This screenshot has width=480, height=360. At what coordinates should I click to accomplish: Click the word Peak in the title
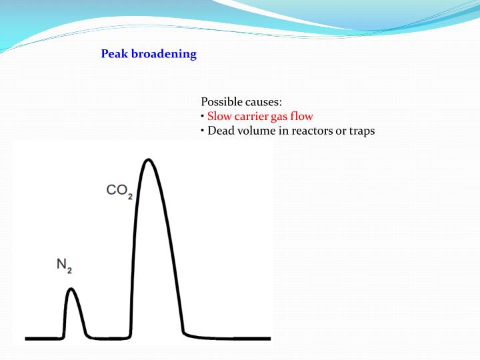point(113,54)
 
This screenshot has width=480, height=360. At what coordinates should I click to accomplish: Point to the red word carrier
point(252,116)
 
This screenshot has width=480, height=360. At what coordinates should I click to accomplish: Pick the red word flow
point(301,116)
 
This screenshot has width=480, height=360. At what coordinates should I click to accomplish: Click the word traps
point(361,131)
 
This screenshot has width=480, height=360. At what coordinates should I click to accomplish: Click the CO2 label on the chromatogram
point(119,191)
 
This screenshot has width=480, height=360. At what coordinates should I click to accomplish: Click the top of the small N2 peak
point(71,289)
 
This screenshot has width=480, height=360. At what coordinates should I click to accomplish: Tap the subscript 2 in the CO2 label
point(130,195)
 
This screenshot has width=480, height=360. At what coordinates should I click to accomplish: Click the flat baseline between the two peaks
point(107,338)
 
